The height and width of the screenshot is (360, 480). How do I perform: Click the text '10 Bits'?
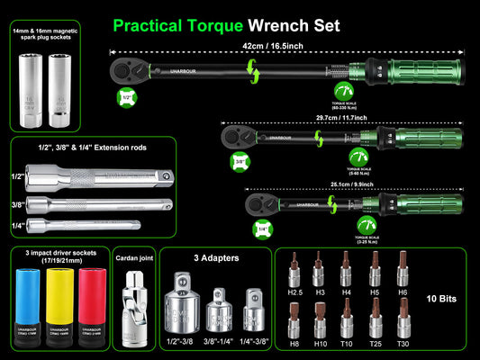(444, 296)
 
